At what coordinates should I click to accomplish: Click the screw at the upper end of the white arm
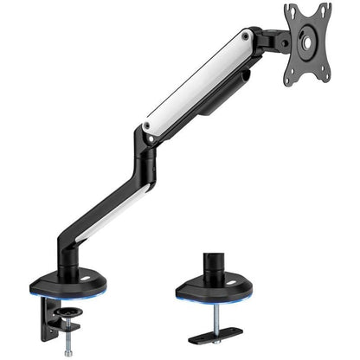pos(248,37)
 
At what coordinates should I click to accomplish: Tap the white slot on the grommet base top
pos(240,281)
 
